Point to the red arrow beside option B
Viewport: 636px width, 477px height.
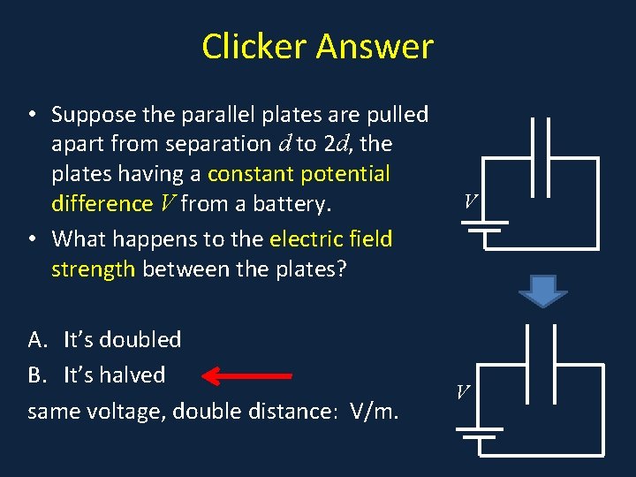[x=247, y=376]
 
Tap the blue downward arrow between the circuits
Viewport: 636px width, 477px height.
[x=541, y=290]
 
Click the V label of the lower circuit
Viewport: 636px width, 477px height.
[x=463, y=390]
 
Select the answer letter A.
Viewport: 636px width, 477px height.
[x=37, y=340]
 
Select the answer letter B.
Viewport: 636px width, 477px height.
[x=36, y=375]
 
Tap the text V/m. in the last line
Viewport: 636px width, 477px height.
[x=375, y=411]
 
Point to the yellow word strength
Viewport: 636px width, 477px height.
[x=93, y=269]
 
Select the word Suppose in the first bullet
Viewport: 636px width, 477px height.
[x=93, y=115]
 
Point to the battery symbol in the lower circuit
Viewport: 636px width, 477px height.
[x=478, y=432]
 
